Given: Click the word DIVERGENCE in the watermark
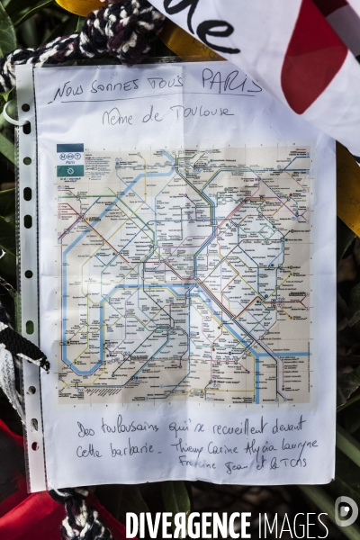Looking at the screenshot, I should point(188,526).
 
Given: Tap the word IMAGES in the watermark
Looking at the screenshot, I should point(292,526).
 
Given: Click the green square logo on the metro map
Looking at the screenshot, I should point(70,170).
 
